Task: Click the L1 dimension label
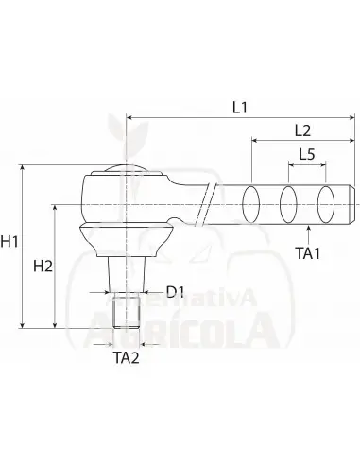[240, 108]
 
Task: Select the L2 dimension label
[302, 130]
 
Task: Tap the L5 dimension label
[307, 154]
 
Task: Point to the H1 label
[9, 242]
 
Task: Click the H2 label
[43, 267]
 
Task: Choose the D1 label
[175, 292]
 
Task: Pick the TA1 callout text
[308, 253]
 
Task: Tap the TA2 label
[126, 357]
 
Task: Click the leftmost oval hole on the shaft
[250, 204]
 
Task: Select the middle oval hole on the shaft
[288, 204]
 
